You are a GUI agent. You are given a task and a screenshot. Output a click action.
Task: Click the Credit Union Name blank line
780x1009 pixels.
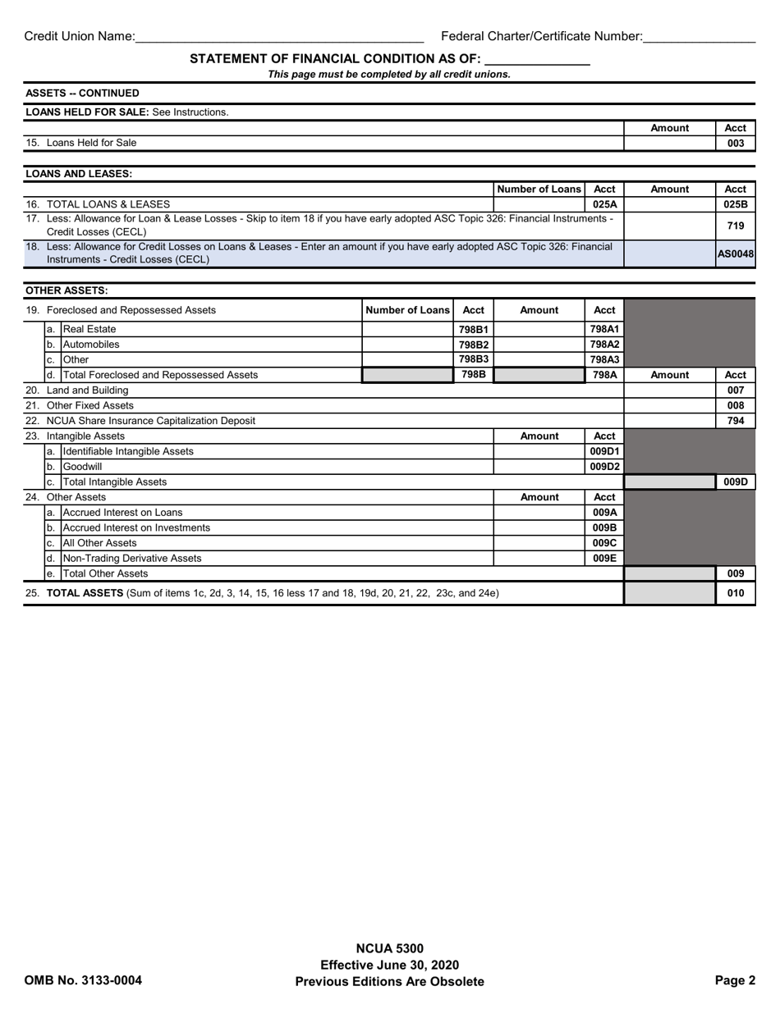[279, 37]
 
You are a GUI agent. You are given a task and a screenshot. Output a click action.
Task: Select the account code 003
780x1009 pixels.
[736, 144]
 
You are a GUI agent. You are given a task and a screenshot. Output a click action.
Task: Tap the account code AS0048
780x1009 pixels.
[736, 254]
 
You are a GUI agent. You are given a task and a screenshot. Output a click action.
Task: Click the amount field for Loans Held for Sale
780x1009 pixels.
[669, 144]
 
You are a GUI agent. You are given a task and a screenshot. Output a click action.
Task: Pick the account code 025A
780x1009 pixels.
[604, 204]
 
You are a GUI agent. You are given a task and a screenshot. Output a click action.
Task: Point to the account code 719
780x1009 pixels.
[736, 226]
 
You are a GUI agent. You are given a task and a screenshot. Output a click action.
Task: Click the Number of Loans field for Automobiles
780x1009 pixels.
[407, 345]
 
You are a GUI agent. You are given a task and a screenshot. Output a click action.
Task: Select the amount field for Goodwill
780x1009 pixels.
[539, 467]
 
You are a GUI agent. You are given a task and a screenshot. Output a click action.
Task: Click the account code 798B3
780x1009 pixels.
[474, 359]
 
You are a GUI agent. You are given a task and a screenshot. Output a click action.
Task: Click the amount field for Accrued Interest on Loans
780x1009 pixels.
[539, 513]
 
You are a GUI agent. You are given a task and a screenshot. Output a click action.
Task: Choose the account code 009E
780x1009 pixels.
[604, 559]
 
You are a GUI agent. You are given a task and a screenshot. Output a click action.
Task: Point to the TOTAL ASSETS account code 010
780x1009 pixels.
[736, 593]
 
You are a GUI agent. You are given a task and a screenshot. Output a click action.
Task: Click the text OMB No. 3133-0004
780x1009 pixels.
[83, 981]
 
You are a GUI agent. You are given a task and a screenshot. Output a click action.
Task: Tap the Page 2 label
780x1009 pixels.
[735, 981]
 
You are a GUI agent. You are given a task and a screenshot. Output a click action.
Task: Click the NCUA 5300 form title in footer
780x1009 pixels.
[389, 949]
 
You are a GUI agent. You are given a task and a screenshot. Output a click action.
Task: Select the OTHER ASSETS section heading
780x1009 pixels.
[67, 291]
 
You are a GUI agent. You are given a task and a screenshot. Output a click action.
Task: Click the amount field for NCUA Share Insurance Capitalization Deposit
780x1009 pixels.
[669, 421]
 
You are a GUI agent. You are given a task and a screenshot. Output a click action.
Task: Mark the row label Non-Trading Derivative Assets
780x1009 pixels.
[132, 559]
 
